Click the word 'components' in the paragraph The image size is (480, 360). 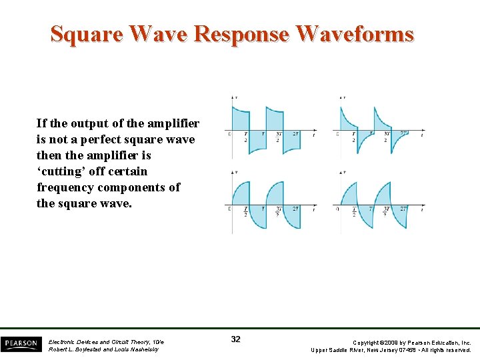pos(131,187)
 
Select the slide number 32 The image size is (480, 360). pos(235,339)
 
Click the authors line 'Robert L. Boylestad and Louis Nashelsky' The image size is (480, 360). pos(103,349)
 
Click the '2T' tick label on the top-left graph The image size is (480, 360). pos(295,134)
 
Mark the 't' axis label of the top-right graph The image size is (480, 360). pos(421,135)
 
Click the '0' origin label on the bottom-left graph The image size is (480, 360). pos(229,209)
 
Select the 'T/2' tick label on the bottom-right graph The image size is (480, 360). pos(354,211)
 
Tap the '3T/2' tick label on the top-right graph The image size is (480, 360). pos(387,137)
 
